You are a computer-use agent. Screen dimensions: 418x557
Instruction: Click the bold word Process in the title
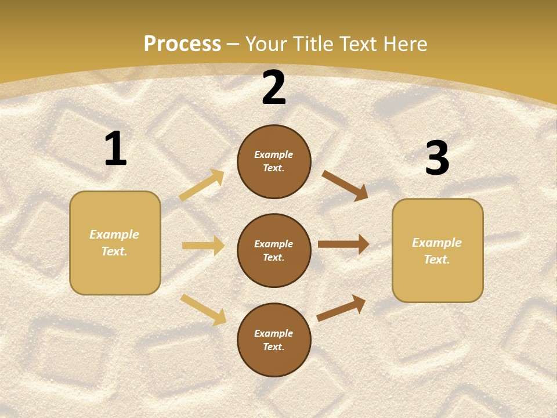click(x=182, y=44)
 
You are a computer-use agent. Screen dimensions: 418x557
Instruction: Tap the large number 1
click(x=115, y=149)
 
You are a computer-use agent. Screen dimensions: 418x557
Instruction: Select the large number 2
click(x=274, y=88)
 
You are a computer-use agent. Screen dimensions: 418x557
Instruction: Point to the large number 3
click(x=437, y=158)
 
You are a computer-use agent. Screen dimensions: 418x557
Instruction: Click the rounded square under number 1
click(x=115, y=243)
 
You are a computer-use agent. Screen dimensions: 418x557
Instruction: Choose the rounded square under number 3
click(x=437, y=250)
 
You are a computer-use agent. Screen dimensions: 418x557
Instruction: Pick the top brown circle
click(x=274, y=161)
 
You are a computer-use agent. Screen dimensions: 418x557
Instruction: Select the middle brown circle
click(x=274, y=250)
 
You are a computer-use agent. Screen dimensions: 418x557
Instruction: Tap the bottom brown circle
click(x=274, y=340)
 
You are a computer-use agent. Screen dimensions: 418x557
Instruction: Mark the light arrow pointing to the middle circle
click(x=203, y=246)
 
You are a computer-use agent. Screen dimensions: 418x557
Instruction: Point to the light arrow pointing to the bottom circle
click(x=204, y=309)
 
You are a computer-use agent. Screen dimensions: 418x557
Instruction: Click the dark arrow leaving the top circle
click(x=345, y=185)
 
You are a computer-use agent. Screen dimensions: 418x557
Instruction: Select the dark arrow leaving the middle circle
click(x=343, y=244)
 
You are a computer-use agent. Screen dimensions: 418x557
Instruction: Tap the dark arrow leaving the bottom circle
click(x=342, y=308)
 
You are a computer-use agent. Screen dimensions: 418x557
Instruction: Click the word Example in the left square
click(x=114, y=235)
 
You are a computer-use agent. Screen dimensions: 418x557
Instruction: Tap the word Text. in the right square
click(x=437, y=260)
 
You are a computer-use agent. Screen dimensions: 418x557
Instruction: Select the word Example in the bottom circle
click(x=274, y=333)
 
